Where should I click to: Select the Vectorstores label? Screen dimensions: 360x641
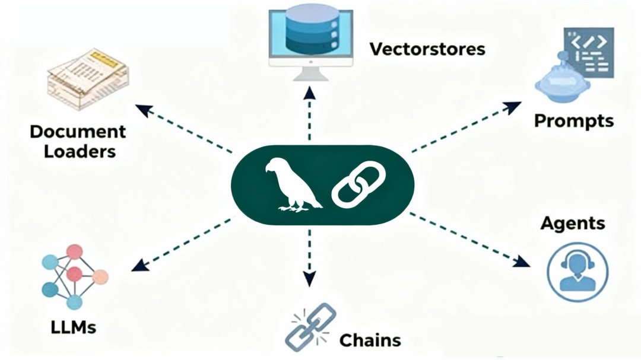[427, 49]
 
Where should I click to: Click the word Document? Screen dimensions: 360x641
[78, 132]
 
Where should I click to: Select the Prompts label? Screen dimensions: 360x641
[573, 121]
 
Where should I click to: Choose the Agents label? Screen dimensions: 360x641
[573, 223]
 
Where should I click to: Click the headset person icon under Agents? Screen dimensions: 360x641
[576, 273]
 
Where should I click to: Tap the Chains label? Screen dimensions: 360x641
[370, 340]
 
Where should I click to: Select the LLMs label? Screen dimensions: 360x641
[73, 327]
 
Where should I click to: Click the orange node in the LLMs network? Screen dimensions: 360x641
[101, 276]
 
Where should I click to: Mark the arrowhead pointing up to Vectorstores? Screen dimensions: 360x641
[309, 92]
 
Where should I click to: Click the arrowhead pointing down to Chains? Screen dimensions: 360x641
[309, 279]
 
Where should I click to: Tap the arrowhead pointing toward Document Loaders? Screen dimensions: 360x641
[142, 109]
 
